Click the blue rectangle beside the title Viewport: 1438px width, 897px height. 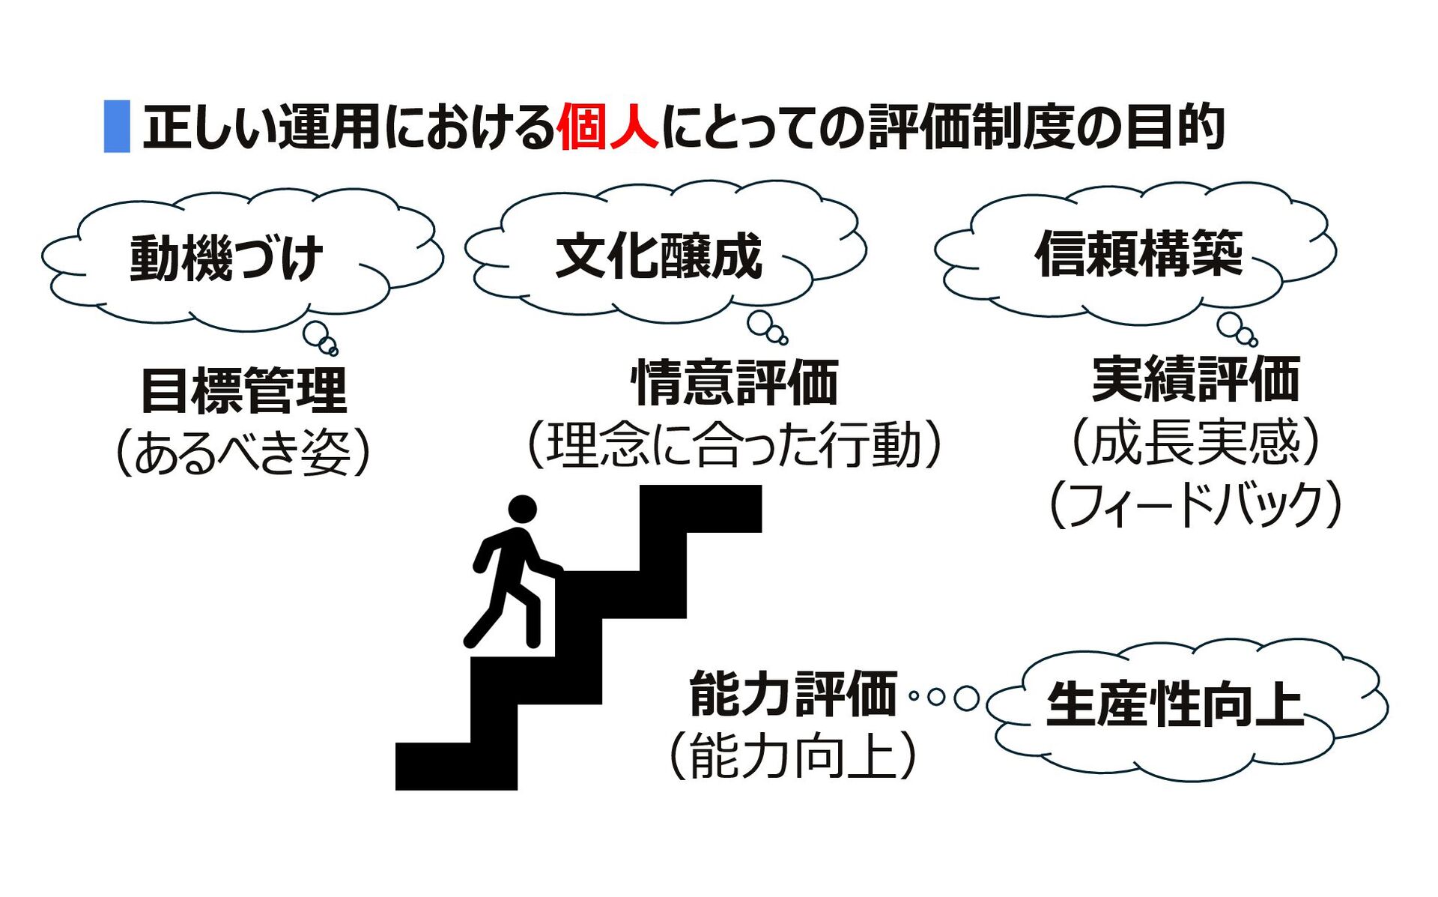(x=117, y=127)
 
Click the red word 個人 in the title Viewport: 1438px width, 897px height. (x=607, y=127)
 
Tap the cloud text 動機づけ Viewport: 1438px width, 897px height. (x=227, y=259)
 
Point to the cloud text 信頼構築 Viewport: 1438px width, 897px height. (x=1139, y=254)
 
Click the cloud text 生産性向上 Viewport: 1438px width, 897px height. (x=1175, y=705)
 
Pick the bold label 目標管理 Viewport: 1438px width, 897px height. (x=244, y=390)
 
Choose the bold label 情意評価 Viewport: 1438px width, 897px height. (x=735, y=383)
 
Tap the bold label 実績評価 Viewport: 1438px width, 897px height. (x=1195, y=380)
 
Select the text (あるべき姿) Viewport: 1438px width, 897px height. (x=243, y=453)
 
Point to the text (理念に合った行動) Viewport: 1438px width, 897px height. (x=735, y=445)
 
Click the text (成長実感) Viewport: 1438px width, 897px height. (x=1195, y=442)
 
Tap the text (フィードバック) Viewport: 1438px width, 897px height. (x=1195, y=504)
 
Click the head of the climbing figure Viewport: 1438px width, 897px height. (x=522, y=509)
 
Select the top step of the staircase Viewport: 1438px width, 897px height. (x=701, y=509)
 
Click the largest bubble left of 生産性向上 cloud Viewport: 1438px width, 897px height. (x=966, y=698)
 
